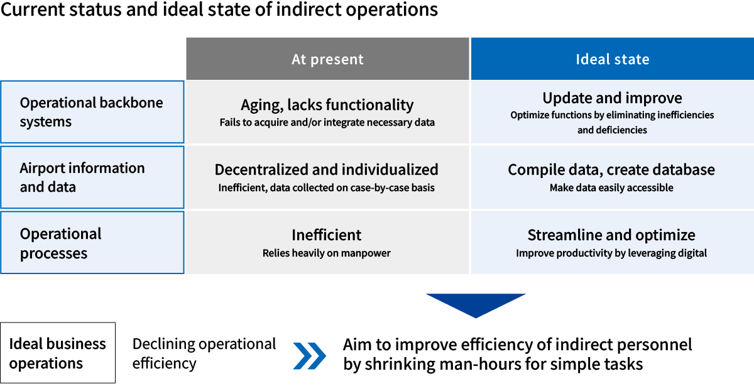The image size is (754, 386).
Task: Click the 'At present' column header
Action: coord(327,60)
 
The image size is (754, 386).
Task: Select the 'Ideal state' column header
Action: coord(612,60)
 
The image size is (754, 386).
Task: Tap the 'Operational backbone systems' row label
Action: coord(92,112)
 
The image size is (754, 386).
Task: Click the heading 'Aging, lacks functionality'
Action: coord(327,105)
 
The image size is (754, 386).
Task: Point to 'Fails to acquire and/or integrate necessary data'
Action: coord(327,122)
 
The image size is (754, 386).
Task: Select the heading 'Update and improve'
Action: coord(612,98)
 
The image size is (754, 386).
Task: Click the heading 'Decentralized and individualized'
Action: coord(327,170)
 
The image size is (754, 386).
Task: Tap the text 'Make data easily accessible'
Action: coord(611,187)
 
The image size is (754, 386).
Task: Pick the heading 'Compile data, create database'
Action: coord(611,170)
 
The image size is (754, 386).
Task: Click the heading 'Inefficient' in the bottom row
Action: coord(327,235)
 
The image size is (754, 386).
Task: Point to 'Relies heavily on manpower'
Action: coord(327,253)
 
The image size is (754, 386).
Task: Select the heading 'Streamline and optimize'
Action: coord(611,235)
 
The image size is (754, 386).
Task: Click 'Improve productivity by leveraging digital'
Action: coord(611,253)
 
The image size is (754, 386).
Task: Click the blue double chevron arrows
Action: coord(310,355)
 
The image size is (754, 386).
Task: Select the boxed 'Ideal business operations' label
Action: coord(58,353)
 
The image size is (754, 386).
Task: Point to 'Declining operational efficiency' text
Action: coord(204,353)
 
